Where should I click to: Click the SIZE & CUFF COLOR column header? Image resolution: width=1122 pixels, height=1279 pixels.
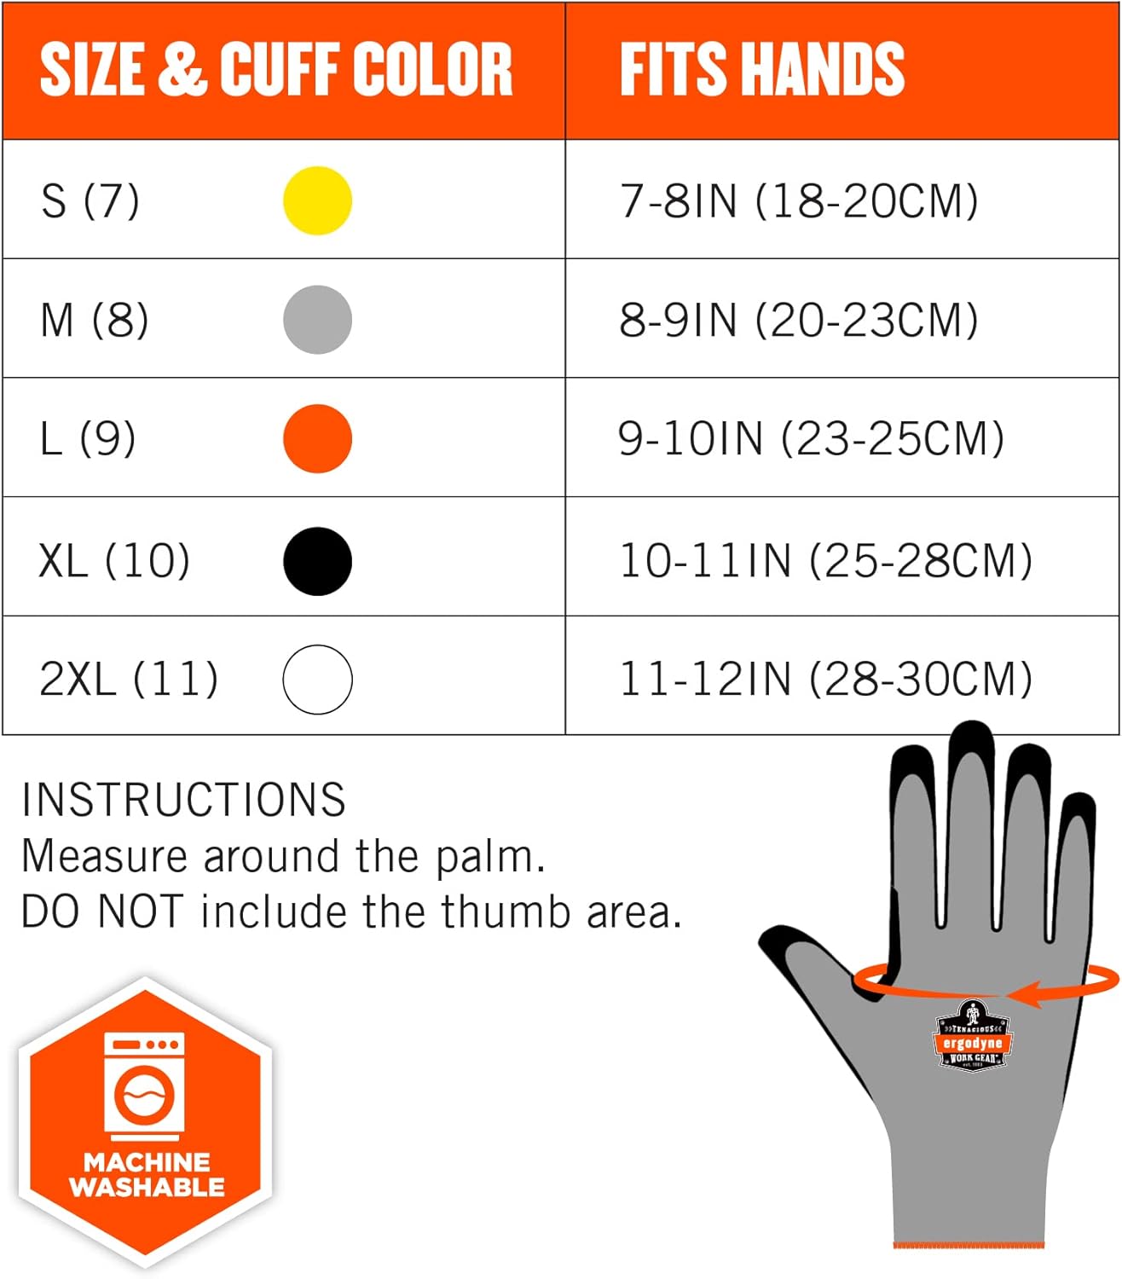(x=276, y=70)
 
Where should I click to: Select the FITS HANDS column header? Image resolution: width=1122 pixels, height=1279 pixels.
(x=761, y=70)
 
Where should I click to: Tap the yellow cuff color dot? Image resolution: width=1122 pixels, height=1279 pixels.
(x=317, y=201)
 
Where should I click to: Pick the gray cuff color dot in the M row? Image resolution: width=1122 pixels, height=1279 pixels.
(x=317, y=320)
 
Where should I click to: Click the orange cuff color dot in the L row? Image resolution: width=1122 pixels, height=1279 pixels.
(x=317, y=439)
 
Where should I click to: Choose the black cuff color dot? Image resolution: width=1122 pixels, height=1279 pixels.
(x=317, y=561)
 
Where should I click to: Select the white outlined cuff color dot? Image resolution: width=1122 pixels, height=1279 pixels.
(x=317, y=680)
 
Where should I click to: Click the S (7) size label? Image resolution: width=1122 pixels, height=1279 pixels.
(x=90, y=201)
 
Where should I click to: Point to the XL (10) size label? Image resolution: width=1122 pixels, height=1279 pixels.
(x=114, y=561)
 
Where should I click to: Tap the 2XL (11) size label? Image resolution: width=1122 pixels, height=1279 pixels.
(x=129, y=680)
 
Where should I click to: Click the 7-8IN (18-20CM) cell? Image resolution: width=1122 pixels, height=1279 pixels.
(x=799, y=201)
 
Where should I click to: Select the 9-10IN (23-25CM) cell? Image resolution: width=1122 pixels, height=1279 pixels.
(x=811, y=439)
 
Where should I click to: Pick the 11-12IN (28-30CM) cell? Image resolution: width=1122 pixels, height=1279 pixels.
(x=825, y=680)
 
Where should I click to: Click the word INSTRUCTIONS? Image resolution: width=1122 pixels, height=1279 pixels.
(x=183, y=801)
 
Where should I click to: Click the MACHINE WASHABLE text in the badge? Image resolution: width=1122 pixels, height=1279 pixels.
(x=147, y=1175)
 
